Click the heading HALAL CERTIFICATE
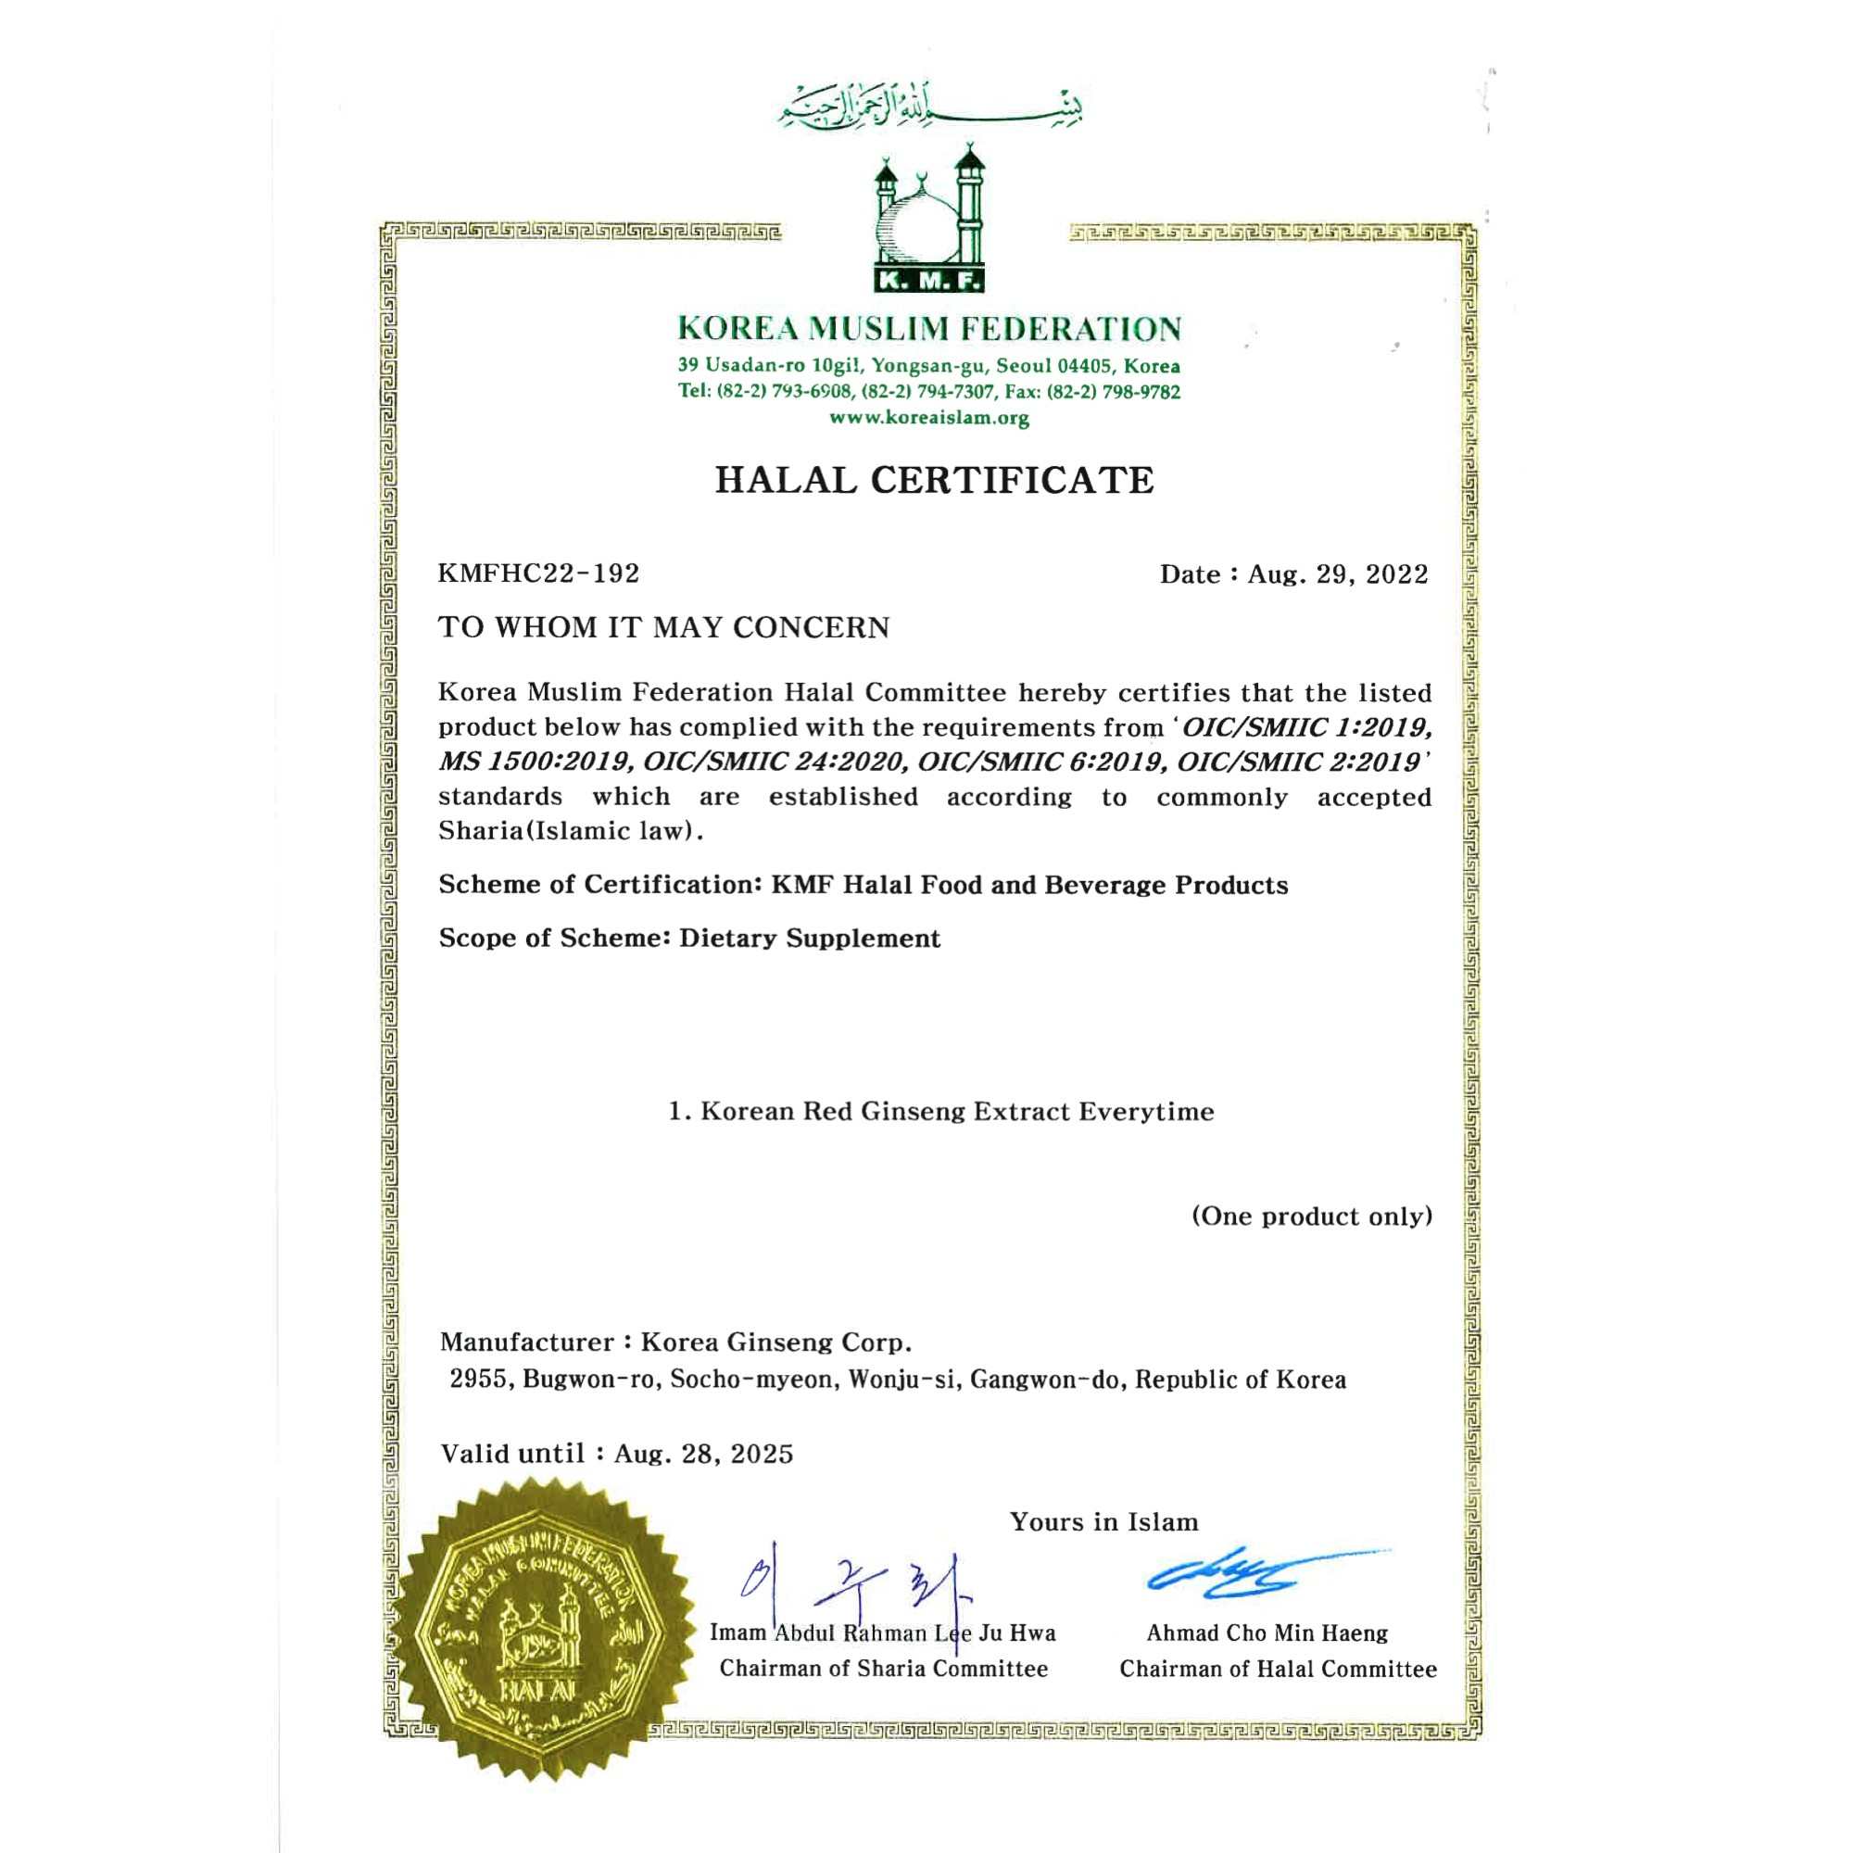tap(933, 480)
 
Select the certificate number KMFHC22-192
tap(538, 574)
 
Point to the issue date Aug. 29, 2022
tap(1337, 574)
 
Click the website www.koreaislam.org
tap(928, 418)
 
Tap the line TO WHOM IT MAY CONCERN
tap(663, 627)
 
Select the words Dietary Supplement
tap(810, 938)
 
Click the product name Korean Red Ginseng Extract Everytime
tap(956, 1112)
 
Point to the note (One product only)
tap(1311, 1216)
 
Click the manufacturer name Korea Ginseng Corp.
tap(775, 1341)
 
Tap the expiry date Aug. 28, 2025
tap(704, 1453)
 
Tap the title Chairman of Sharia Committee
tap(883, 1669)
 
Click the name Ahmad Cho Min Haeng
tap(1266, 1632)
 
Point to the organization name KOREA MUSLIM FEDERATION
tap(928, 329)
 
